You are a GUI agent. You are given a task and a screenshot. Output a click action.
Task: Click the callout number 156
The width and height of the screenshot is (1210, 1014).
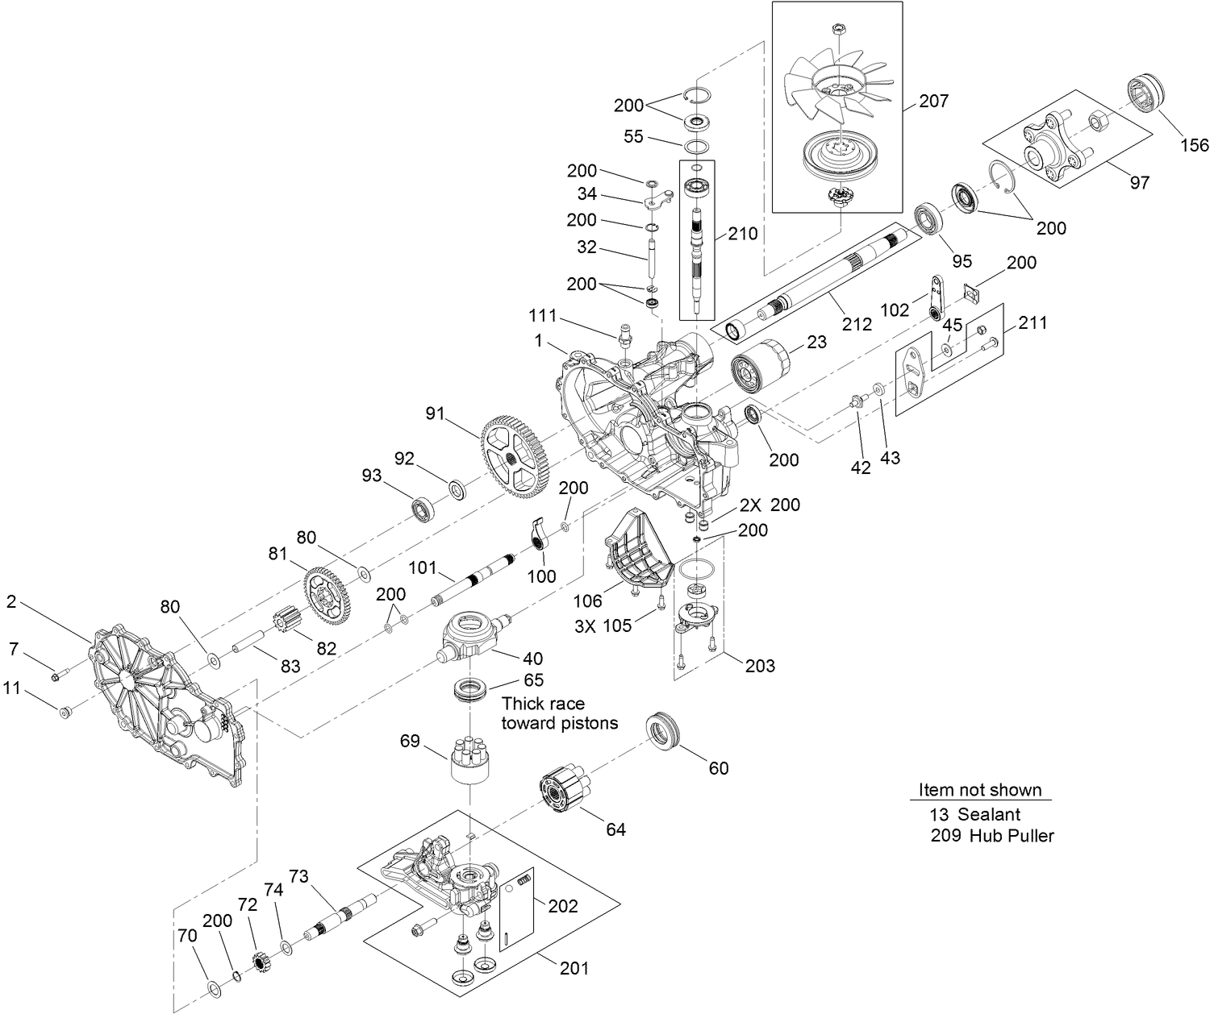[x=1194, y=145]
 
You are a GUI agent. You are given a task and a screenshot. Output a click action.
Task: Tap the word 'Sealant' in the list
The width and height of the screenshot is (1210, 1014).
[x=989, y=814]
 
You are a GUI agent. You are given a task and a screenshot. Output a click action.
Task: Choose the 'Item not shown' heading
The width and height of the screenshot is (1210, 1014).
[x=980, y=790]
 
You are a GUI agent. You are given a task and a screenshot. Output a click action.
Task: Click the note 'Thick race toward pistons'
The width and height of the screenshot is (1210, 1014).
[x=560, y=713]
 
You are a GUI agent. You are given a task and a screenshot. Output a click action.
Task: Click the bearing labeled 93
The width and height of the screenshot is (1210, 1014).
[x=424, y=509]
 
